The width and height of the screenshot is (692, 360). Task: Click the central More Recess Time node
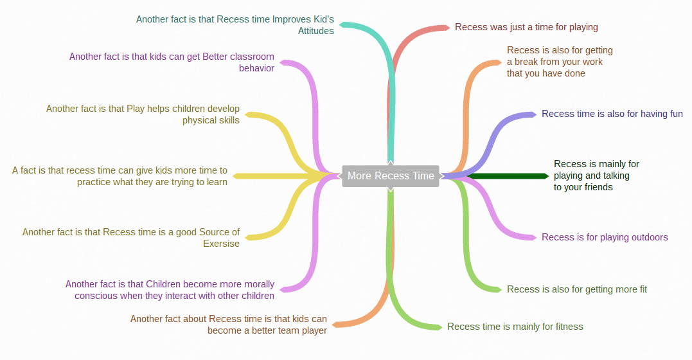click(x=391, y=175)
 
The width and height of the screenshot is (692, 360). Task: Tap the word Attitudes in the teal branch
click(x=315, y=31)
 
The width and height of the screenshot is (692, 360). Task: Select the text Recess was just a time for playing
click(x=526, y=27)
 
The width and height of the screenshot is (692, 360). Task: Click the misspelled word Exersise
click(x=221, y=244)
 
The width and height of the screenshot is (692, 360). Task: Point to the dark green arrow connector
click(x=508, y=175)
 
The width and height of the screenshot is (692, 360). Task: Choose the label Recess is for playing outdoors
click(x=605, y=237)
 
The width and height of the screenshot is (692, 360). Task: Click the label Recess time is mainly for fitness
click(x=515, y=327)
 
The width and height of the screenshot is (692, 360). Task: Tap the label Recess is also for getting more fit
click(x=576, y=289)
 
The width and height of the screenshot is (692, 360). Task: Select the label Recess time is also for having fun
click(x=612, y=114)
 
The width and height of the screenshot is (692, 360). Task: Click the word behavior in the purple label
click(x=256, y=68)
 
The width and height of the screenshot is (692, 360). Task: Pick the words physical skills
click(x=211, y=120)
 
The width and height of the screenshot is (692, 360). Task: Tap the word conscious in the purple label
click(x=96, y=296)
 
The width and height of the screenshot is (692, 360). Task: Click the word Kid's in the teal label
click(x=319, y=19)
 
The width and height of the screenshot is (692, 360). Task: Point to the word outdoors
click(x=646, y=237)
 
